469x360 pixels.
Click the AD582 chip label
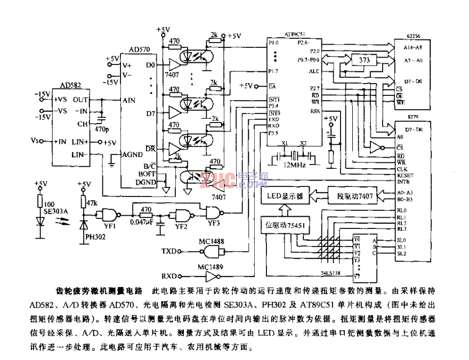pyautogui.click(x=71, y=86)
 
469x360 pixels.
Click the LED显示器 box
pyautogui.click(x=285, y=196)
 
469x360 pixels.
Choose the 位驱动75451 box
pyautogui.click(x=285, y=225)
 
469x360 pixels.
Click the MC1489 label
pyautogui.click(x=211, y=266)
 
